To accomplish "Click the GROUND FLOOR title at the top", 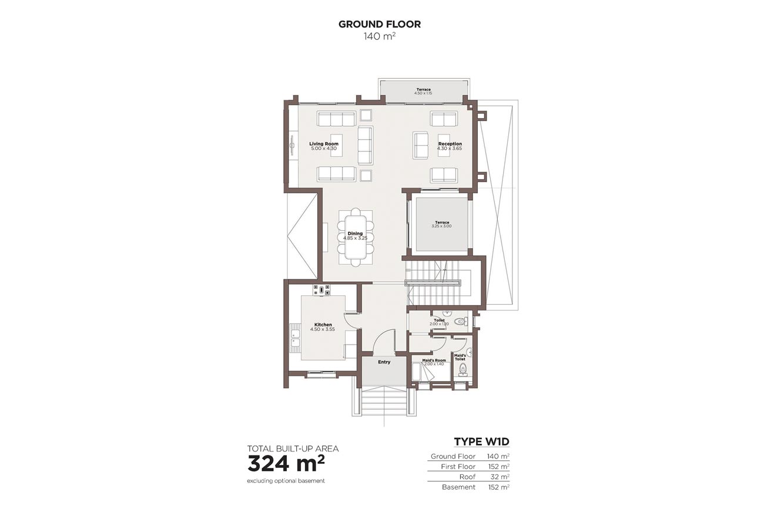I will click(x=379, y=24).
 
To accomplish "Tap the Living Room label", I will click(x=324, y=144).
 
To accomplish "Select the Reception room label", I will click(x=450, y=144).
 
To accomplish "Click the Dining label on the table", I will click(x=355, y=234).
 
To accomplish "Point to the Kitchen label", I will click(x=323, y=325).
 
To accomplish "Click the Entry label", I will click(x=384, y=362).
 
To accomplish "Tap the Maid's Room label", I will click(x=434, y=360).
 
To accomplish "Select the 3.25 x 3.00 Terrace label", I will click(x=442, y=223).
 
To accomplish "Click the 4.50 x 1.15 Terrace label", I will click(x=423, y=90).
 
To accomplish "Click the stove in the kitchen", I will click(x=321, y=289).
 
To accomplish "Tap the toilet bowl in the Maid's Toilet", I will click(x=463, y=369).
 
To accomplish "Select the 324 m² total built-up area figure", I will click(x=286, y=464).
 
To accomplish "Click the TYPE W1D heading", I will click(x=481, y=442).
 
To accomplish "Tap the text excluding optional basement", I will click(x=286, y=481).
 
